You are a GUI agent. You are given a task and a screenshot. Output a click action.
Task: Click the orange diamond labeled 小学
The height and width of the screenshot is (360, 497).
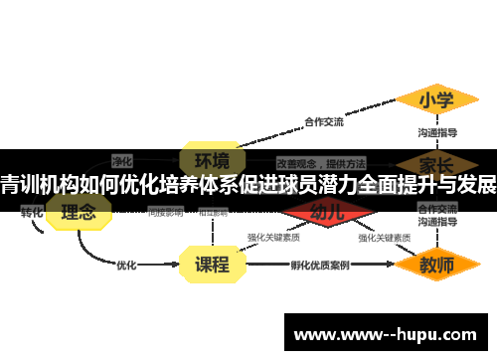[435, 100]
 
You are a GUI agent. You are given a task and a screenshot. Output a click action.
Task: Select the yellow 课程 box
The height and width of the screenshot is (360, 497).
[212, 265]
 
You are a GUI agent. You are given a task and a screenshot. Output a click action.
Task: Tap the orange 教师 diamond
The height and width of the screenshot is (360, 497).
[435, 266]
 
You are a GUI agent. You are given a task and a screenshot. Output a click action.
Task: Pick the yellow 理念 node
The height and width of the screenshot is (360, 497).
[79, 212]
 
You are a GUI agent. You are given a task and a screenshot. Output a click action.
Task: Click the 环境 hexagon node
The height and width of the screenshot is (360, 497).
[212, 160]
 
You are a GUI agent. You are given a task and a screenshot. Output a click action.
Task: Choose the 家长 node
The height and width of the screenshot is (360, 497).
[435, 161]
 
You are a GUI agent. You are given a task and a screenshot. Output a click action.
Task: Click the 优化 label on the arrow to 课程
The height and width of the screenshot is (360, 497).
[126, 266]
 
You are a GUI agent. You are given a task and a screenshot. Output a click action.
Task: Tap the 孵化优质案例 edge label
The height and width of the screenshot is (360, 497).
[319, 266]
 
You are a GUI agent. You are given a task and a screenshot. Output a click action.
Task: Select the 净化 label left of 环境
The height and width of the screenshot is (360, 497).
[122, 160]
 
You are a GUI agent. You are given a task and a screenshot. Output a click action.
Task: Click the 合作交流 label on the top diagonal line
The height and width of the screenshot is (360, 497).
[323, 122]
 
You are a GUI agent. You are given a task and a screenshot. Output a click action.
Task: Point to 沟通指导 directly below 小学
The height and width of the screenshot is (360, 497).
[436, 131]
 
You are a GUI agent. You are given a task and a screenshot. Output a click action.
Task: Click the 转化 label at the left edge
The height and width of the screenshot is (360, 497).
[32, 212]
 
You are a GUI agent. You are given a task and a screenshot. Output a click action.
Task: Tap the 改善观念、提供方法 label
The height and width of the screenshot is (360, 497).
[320, 161]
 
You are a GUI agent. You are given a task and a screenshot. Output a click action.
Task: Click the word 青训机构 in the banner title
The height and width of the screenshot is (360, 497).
[39, 184]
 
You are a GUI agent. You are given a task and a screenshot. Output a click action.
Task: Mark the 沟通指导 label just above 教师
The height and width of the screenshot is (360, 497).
[436, 223]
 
